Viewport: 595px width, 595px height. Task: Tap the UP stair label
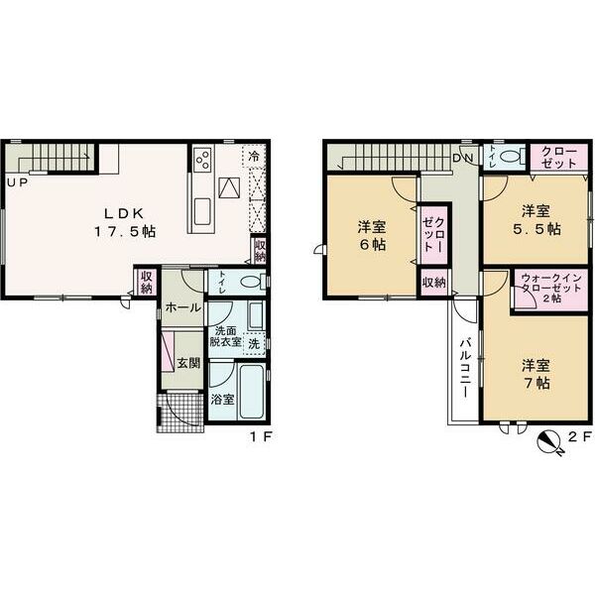click(x=17, y=182)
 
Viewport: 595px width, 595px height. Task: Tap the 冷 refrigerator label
click(x=255, y=157)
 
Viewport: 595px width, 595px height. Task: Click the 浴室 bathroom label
click(x=222, y=400)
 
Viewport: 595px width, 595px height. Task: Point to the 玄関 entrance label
click(x=188, y=363)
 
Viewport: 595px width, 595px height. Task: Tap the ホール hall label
click(x=183, y=308)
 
